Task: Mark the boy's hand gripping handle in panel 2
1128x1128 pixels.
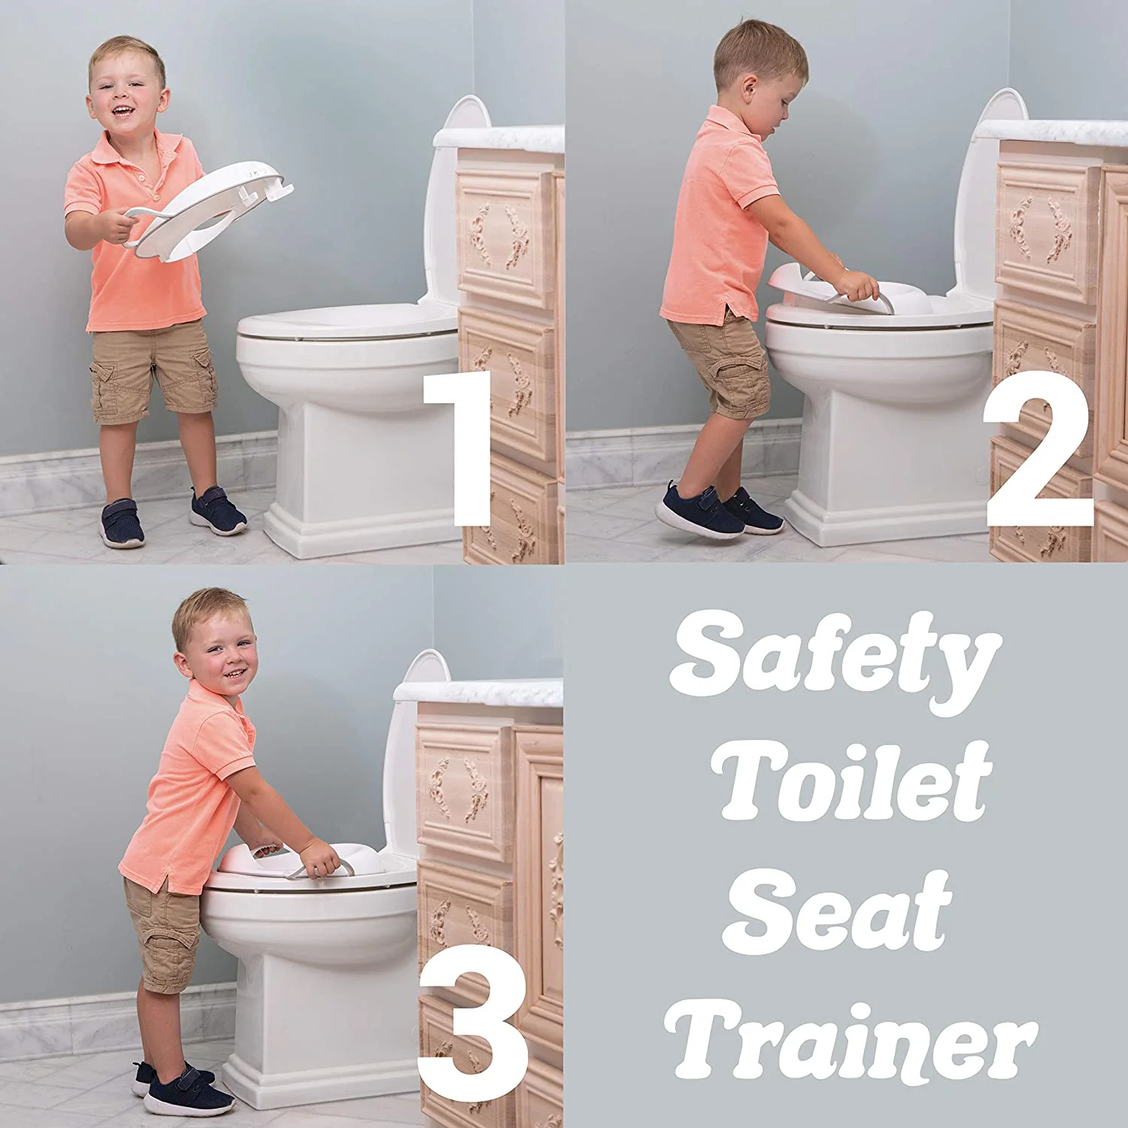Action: [x=861, y=286]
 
